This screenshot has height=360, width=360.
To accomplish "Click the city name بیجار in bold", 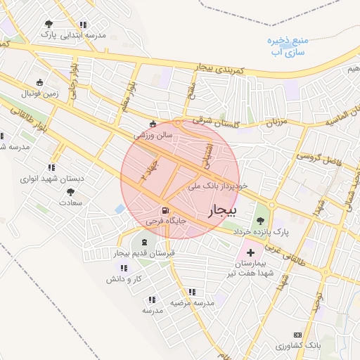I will (x=224, y=210).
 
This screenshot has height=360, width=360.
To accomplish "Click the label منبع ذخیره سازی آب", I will (x=288, y=46).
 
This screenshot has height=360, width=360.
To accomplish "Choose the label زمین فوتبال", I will (x=43, y=93).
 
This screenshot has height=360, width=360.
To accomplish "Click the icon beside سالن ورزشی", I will (x=153, y=124).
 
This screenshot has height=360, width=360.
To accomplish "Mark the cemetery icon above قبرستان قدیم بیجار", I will (x=135, y=243).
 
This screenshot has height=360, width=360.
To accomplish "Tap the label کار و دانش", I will (x=124, y=279).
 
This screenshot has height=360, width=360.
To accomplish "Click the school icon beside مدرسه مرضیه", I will (x=191, y=292).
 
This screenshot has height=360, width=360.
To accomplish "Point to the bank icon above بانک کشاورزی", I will (x=297, y=335).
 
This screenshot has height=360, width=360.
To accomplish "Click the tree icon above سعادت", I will (x=69, y=191).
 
